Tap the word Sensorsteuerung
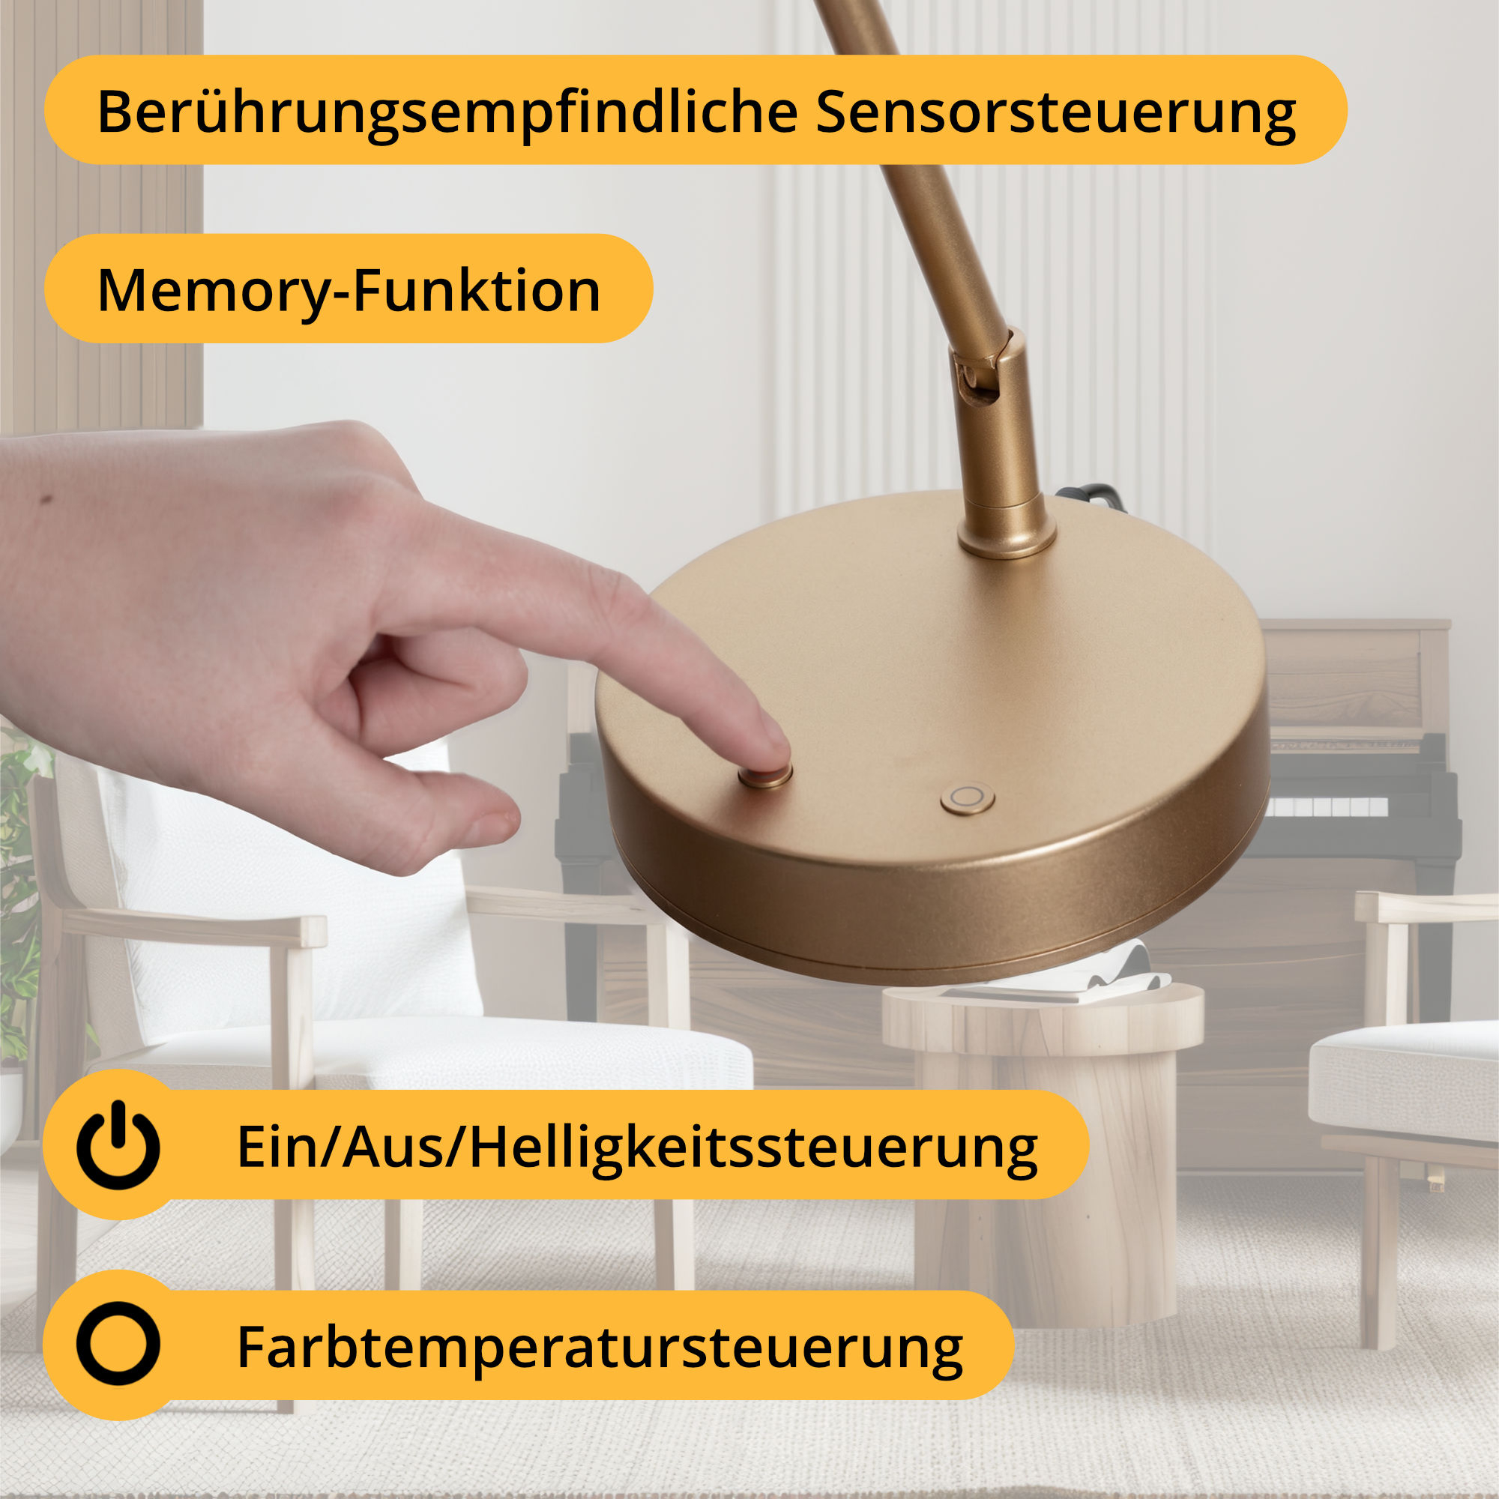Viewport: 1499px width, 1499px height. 1056,112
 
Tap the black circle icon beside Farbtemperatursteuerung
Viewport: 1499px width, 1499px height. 118,1343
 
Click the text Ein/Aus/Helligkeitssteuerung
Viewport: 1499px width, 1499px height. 637,1147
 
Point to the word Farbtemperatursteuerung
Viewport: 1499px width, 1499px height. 600,1347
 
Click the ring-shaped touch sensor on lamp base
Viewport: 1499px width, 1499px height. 967,798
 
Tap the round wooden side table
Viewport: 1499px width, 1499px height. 1043,1148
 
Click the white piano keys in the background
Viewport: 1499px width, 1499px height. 1329,807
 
